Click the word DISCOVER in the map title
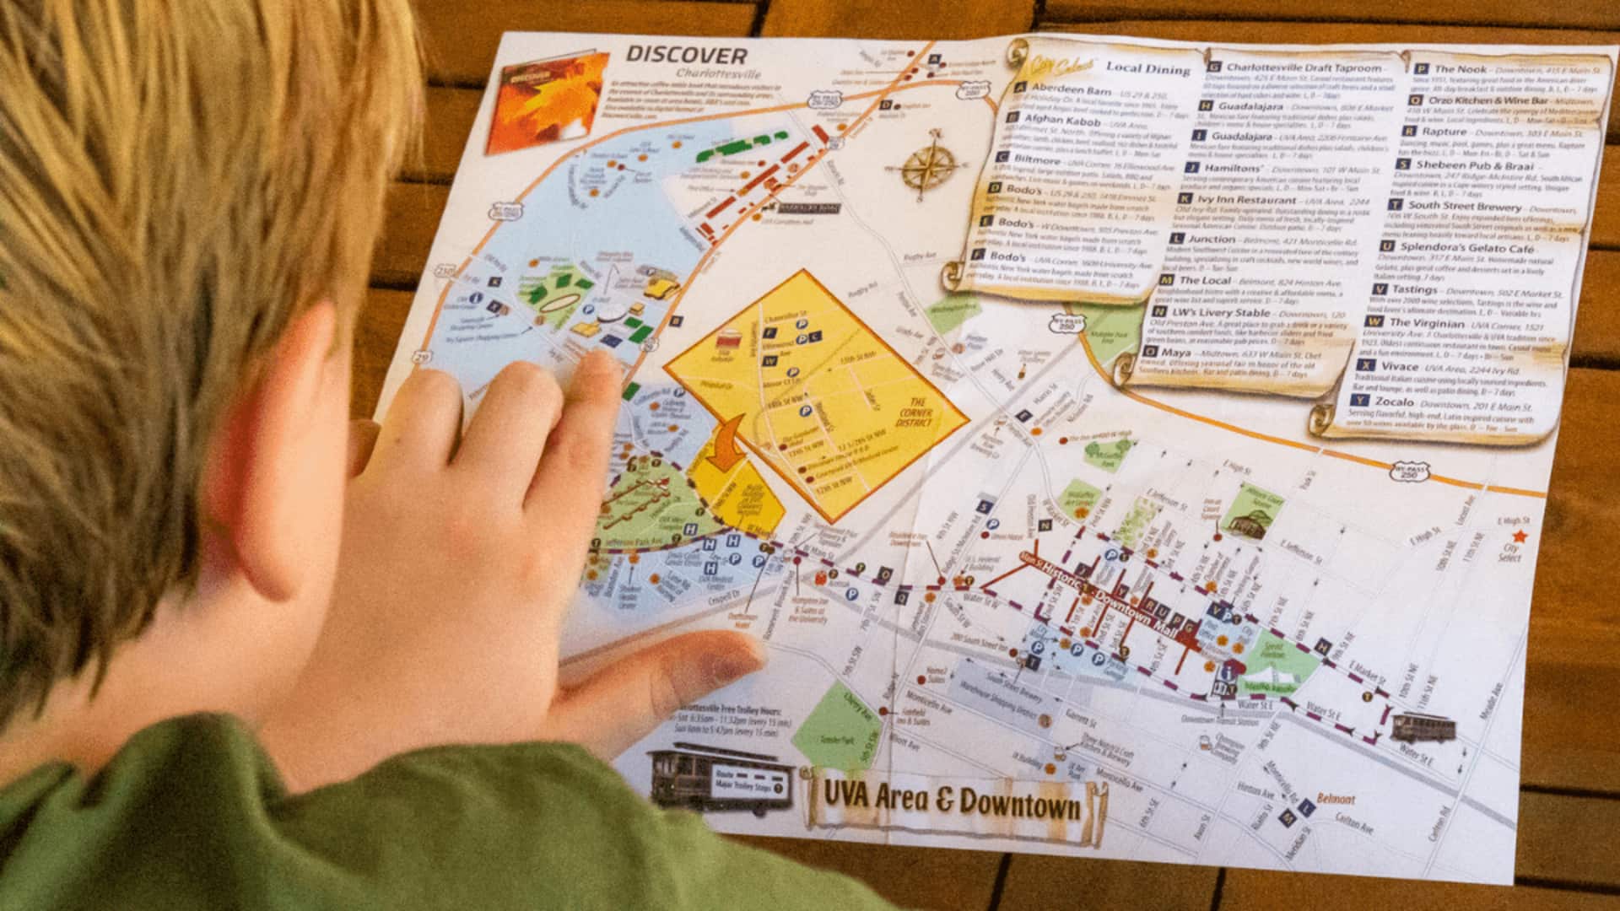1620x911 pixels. (686, 57)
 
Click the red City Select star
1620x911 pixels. (1520, 536)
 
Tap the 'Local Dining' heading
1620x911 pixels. (1147, 69)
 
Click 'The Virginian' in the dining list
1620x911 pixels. (1427, 322)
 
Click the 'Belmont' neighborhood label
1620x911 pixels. (1336, 799)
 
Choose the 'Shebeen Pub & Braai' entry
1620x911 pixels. (1474, 165)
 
